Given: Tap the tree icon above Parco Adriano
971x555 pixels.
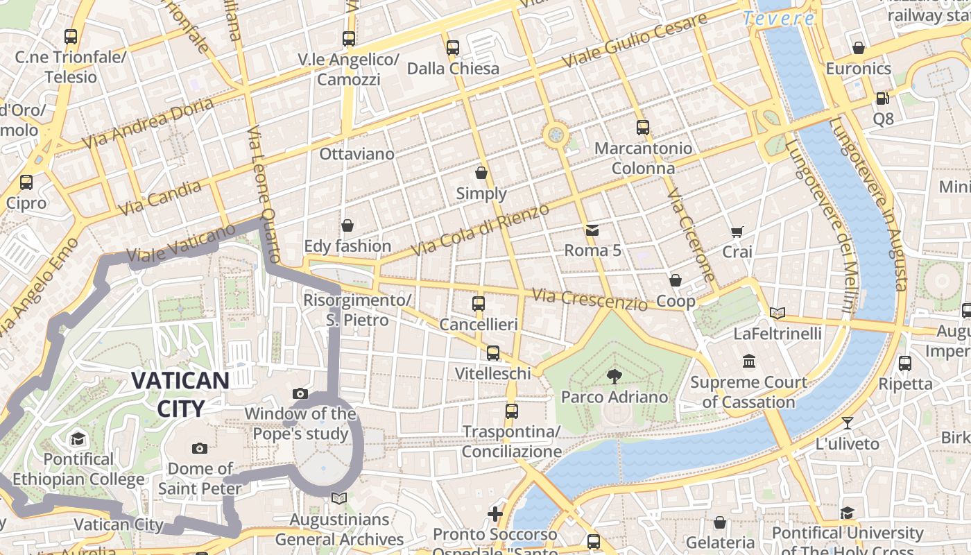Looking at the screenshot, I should [x=614, y=377].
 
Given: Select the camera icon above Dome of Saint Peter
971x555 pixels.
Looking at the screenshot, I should [x=200, y=448].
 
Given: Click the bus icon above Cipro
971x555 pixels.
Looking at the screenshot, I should [x=26, y=182].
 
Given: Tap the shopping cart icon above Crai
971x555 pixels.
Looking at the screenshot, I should [x=737, y=232].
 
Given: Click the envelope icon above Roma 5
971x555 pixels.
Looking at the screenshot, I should [x=592, y=230].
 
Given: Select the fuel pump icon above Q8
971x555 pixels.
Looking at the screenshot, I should [x=882, y=99].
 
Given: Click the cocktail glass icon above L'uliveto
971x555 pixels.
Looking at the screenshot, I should [x=847, y=422].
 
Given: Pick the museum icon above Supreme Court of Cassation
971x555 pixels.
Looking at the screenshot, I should [x=749, y=361].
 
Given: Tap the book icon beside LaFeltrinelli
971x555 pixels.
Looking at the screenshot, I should [x=777, y=314].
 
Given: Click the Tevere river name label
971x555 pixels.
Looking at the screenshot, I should [x=778, y=19].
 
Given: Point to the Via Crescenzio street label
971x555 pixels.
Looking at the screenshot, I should [x=590, y=299].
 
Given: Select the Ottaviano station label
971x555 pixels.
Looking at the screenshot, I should [x=356, y=154].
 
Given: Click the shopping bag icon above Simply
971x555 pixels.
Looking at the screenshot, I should [x=481, y=173].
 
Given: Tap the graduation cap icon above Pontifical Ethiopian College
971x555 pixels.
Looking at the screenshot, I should [x=78, y=438].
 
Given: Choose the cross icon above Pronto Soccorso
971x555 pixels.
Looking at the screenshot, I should [x=495, y=514].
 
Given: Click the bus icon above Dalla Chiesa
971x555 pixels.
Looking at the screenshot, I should [x=453, y=48].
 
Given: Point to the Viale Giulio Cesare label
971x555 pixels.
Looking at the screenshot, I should [x=634, y=40].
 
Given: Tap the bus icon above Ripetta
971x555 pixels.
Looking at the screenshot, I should [x=904, y=363].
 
